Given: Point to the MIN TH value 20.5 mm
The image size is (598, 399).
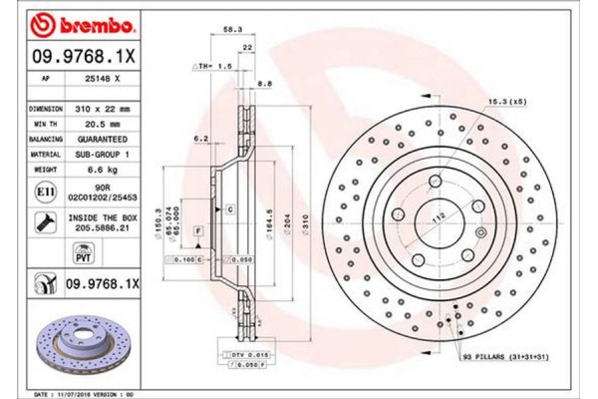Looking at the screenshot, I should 100,119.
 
